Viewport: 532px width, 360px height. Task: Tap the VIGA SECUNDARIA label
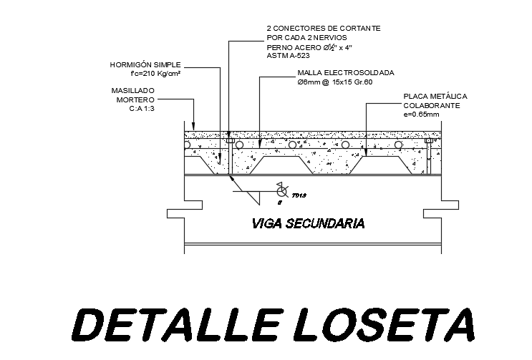[x=308, y=223]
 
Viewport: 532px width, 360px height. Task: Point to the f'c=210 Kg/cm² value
[x=155, y=73]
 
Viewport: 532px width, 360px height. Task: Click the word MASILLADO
[x=132, y=91]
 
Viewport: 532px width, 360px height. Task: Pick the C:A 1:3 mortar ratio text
[x=142, y=109]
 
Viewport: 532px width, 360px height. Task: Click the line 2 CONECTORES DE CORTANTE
[x=323, y=28]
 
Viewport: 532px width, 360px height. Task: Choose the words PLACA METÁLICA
[x=435, y=95]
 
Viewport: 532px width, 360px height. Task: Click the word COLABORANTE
[x=431, y=104]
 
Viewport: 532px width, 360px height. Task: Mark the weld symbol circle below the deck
[x=279, y=188]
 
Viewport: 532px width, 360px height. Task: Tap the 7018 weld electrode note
[x=299, y=195]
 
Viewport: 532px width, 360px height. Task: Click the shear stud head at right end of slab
[x=428, y=141]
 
